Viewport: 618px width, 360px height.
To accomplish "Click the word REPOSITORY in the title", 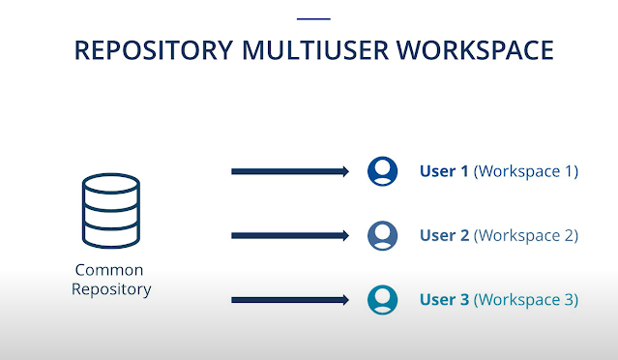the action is (154, 50).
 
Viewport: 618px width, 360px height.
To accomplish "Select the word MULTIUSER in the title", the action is (315, 50).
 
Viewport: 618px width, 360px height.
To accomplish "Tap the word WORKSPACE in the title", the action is (475, 50).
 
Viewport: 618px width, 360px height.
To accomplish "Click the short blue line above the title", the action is (313, 18).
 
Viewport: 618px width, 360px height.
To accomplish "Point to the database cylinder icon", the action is (111, 211).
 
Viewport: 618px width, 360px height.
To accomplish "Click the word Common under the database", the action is (109, 270).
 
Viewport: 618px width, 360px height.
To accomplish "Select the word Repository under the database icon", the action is (111, 289).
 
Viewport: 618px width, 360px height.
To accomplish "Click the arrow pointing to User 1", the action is (290, 171).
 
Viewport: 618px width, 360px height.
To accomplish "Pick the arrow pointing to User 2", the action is (290, 236).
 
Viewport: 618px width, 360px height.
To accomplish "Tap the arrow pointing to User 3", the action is (290, 300).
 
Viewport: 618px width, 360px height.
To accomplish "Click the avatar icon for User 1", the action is (382, 171).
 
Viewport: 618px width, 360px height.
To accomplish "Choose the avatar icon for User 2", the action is (382, 235).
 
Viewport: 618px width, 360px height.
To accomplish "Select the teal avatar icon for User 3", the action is (382, 300).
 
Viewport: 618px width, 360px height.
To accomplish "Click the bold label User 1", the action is (444, 171).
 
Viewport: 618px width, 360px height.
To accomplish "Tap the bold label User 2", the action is (444, 235).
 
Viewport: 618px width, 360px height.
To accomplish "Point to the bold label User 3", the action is (444, 300).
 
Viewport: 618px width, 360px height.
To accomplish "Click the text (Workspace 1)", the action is (526, 171).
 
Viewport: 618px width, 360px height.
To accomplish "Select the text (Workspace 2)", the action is (526, 236).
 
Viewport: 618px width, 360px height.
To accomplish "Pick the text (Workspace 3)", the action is (526, 300).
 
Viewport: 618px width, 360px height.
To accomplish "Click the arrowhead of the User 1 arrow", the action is (345, 171).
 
